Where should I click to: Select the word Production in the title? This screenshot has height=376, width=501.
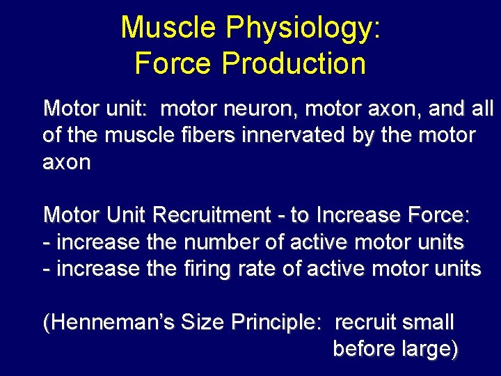(x=293, y=63)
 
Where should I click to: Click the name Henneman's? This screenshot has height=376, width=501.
(x=109, y=322)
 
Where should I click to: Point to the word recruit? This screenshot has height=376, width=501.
(x=367, y=322)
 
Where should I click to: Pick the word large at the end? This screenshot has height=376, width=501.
(x=429, y=348)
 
